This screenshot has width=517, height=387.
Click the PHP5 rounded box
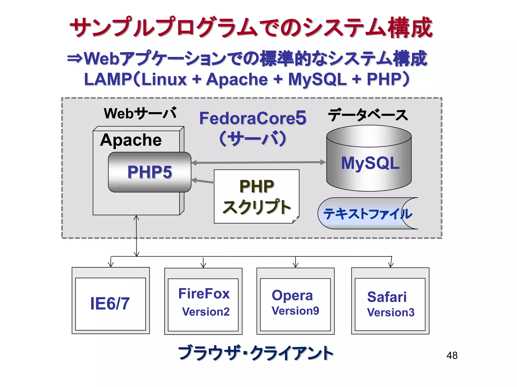[x=149, y=172]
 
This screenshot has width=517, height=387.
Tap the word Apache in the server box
[x=131, y=140]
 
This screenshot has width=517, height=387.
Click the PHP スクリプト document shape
[x=256, y=197]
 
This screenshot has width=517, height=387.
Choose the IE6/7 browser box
[x=111, y=303]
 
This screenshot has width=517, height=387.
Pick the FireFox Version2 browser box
[x=203, y=302]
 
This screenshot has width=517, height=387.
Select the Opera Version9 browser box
[x=295, y=302]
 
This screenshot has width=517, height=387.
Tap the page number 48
[x=452, y=356]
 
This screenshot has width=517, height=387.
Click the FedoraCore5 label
[x=252, y=118]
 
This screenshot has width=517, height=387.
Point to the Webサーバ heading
[x=140, y=113]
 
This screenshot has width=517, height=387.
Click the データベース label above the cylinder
[x=368, y=115]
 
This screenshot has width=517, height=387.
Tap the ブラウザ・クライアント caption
[x=255, y=352]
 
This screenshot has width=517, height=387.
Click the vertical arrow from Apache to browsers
[x=136, y=236]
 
